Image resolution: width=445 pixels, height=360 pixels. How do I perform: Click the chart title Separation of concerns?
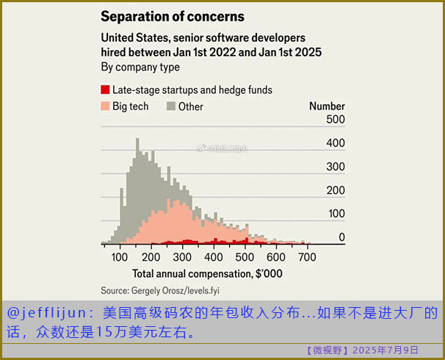[x=173, y=15]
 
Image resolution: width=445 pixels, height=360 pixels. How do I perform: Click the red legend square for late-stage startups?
[x=105, y=90]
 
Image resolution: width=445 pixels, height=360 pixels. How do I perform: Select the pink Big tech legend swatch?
[x=105, y=107]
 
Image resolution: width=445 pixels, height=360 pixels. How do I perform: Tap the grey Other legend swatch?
[x=171, y=107]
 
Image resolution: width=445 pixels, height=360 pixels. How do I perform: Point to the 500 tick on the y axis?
[x=335, y=119]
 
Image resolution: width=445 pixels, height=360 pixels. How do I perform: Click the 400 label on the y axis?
[x=335, y=143]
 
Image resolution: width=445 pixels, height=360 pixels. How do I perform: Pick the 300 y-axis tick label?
[x=335, y=167]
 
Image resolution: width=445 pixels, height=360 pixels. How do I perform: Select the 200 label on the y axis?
[x=335, y=190]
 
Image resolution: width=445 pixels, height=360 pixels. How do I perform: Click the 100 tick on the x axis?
[x=119, y=257]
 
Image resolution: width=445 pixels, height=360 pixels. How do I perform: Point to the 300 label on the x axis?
[x=181, y=257]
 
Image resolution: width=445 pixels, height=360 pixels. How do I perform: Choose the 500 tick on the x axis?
[x=245, y=257]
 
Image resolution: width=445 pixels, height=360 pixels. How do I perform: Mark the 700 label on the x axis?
[x=307, y=257]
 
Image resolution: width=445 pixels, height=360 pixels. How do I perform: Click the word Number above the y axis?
[x=327, y=107]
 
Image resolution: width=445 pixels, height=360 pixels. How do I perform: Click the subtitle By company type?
[x=140, y=67]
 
